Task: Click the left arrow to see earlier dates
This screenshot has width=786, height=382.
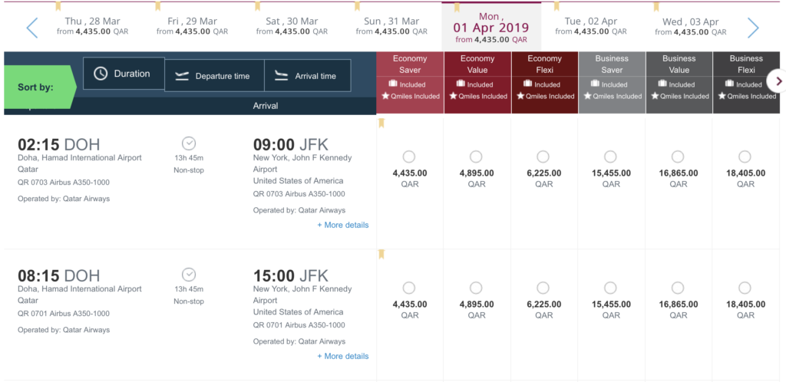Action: tap(32, 28)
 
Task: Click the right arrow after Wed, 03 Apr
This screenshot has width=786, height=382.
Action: tap(753, 28)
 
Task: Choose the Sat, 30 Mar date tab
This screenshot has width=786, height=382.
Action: tap(292, 26)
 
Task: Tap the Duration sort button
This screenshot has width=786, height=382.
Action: tap(124, 74)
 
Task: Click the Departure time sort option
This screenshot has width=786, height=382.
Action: tap(214, 76)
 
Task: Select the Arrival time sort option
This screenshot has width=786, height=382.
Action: tap(307, 76)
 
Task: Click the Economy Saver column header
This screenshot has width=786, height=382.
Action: tap(410, 64)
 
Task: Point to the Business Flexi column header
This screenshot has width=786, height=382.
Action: tap(746, 64)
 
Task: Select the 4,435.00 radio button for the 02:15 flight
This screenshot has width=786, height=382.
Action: tap(409, 156)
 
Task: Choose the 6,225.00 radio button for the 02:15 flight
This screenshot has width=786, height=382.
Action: tap(543, 156)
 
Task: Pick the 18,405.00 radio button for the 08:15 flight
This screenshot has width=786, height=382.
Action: tap(745, 288)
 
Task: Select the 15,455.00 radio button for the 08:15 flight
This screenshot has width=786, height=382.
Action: tap(610, 288)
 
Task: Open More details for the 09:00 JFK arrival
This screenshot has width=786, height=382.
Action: tap(343, 225)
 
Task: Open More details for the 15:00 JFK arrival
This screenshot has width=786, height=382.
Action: tap(343, 356)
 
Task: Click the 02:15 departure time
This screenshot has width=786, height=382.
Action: tap(38, 144)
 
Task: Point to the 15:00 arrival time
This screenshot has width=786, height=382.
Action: tap(272, 275)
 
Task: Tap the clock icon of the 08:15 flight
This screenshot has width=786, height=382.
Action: tap(189, 275)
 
